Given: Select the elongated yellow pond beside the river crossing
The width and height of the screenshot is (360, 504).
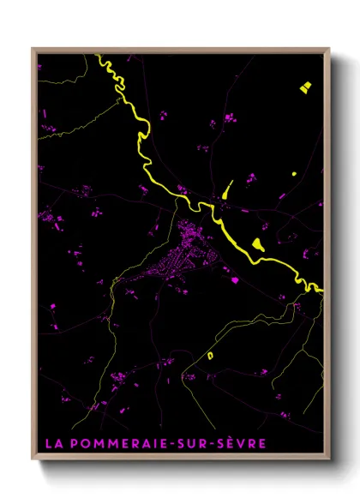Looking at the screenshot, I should click(225, 191).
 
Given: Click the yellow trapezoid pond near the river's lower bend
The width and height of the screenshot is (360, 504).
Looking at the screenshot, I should click(259, 243).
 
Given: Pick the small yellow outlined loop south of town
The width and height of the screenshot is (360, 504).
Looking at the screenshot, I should click(209, 354).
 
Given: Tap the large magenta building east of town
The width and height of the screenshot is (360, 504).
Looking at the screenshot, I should click(230, 279).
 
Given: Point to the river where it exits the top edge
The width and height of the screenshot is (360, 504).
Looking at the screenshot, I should click(99, 56).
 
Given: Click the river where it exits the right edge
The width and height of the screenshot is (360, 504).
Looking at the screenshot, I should click(321, 291).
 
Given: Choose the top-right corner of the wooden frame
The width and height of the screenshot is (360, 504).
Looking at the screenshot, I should click(329, 49).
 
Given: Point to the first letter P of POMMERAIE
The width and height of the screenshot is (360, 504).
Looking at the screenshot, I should click(69, 443).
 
